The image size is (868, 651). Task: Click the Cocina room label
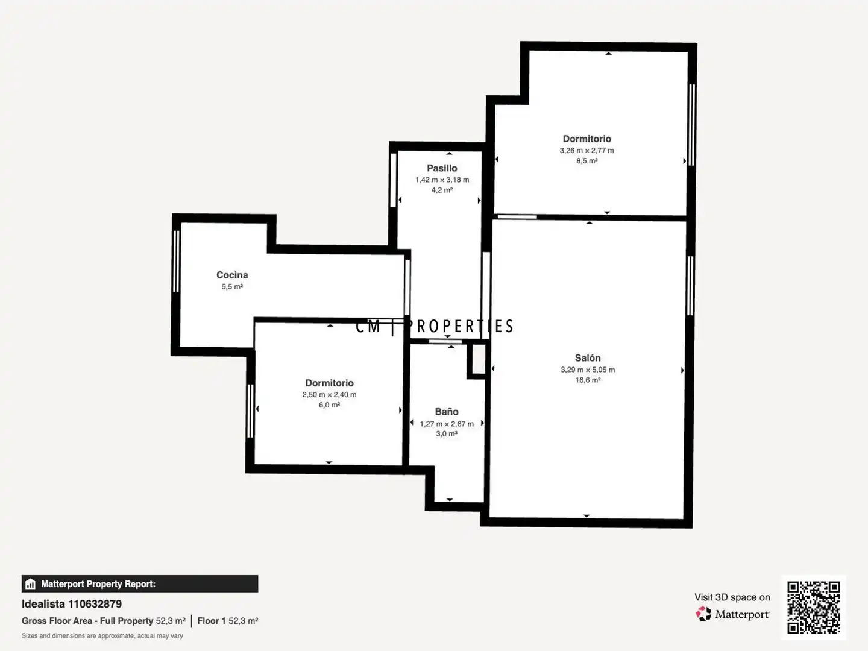point(232,275)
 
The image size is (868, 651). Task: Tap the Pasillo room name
point(442,168)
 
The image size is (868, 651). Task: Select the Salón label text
point(588,358)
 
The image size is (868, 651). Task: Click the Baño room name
point(447,412)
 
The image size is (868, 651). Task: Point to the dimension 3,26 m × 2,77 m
point(587,151)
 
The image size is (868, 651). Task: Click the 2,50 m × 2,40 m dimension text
point(329,394)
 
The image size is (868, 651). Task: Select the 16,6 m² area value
point(588,380)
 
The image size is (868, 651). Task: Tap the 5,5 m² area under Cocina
point(232,286)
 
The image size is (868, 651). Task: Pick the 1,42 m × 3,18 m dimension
point(442,180)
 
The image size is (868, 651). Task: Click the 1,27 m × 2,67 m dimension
point(447,424)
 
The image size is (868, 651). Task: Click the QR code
point(813,608)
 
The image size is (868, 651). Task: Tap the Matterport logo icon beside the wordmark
point(703,614)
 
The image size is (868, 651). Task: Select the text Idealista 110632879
point(72,604)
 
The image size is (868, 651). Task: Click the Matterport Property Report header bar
point(140,584)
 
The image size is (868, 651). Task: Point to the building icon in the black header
point(31,584)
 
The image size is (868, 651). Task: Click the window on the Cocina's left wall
point(177,261)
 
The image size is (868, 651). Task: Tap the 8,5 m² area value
point(587,161)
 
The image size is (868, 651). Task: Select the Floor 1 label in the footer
point(212,621)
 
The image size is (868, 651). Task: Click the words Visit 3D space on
point(732,597)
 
